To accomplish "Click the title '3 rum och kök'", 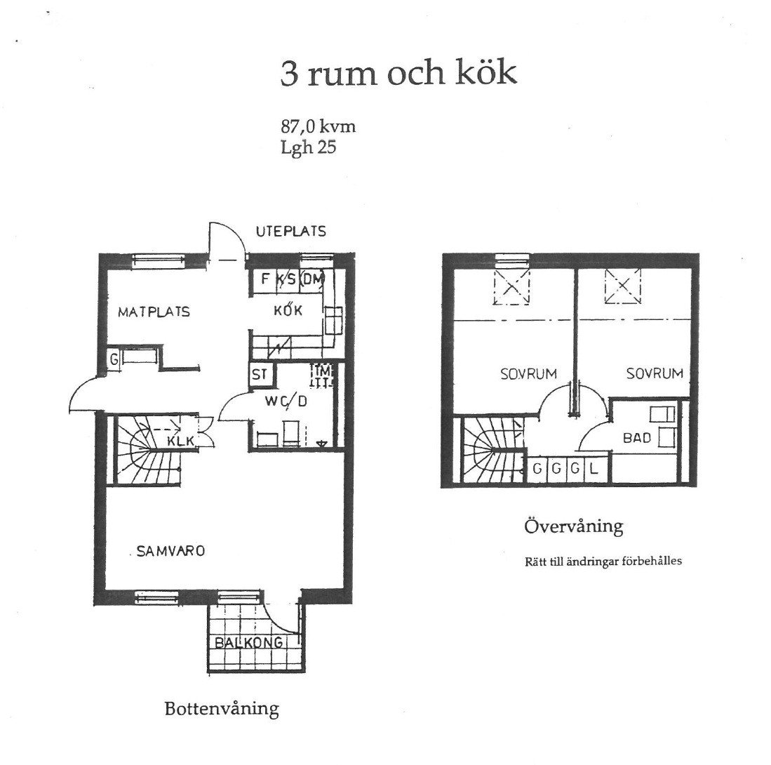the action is pos(398,73).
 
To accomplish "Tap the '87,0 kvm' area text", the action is pos(318,127).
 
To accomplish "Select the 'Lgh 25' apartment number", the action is pos(308,147).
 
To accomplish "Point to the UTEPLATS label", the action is pos(290,231).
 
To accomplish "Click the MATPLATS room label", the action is pos(154,312).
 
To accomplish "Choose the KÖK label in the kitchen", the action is pos(288,310).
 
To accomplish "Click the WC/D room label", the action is pos(286,401).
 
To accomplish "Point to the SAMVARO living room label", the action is pos(170,551).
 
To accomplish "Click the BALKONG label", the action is pos(249,642).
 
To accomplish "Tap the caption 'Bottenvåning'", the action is pos(222,709).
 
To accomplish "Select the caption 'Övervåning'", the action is pos(574,526).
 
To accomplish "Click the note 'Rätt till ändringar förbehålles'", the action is pos(603,561).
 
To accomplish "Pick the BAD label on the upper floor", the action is pos(637,437).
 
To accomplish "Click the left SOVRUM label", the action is pos(528,374).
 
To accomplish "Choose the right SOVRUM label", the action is pos(655,373).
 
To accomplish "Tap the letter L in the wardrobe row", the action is pos(594,469).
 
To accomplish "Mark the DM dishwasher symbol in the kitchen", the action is pos(312,280).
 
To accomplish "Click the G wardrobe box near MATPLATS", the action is pos(114,359).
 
